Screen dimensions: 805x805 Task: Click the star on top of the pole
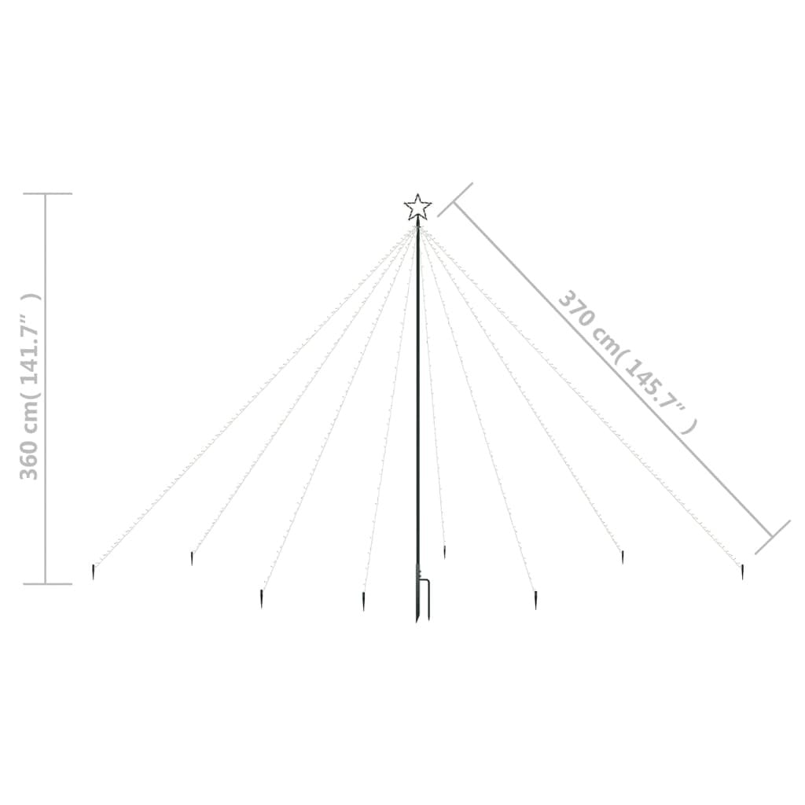pos(417,208)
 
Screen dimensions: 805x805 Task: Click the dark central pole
pos(417,393)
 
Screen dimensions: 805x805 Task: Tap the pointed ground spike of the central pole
pos(417,613)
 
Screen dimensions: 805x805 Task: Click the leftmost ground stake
pos(94,572)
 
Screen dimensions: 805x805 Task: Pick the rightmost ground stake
pos(741,572)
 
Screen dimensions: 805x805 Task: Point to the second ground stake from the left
pos(191,558)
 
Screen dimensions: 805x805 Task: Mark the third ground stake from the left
pos(261,600)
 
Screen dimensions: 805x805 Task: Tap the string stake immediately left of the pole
pos(363,601)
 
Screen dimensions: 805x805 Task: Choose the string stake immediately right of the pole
pos(444,551)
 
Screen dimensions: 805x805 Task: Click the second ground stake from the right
pos(622,557)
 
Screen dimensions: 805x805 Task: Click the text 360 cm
pos(29,449)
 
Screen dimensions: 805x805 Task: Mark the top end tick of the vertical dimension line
pos(47,193)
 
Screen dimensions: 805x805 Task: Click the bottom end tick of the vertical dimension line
pos(47,584)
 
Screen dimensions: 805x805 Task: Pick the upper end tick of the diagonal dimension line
pos(455,200)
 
